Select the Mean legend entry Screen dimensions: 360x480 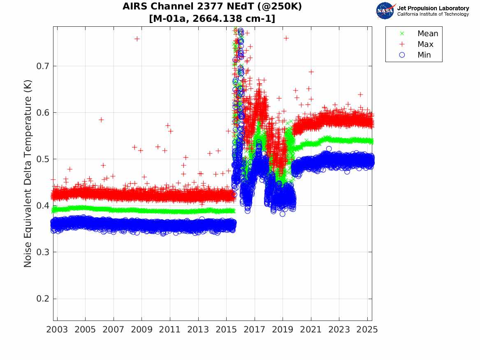click(x=428, y=34)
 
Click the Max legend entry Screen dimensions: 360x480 click(x=425, y=44)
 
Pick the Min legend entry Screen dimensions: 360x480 click(x=424, y=55)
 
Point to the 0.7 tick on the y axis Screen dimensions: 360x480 click(x=42, y=66)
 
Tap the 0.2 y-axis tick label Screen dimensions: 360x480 click(x=42, y=299)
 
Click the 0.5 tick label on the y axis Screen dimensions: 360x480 click(x=42, y=159)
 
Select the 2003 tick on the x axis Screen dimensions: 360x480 click(x=57, y=330)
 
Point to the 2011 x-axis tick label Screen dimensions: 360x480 click(x=170, y=330)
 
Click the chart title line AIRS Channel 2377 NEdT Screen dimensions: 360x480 click(x=212, y=7)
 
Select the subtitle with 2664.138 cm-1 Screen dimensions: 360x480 click(x=212, y=19)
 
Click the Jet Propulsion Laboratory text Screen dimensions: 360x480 click(x=433, y=8)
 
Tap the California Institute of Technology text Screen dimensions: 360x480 click(x=433, y=14)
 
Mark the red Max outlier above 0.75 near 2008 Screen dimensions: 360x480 click(x=137, y=39)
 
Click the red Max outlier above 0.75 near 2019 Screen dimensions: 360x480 click(x=286, y=38)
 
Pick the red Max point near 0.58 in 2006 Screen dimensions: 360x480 click(x=101, y=120)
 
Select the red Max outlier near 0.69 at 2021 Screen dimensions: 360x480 click(x=311, y=72)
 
